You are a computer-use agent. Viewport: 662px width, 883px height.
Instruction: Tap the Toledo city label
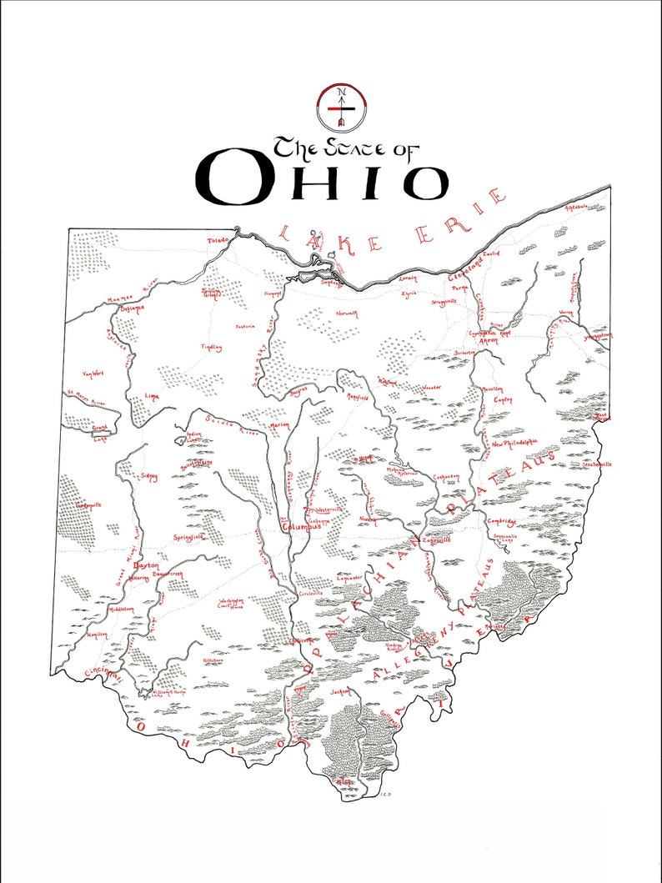tap(218, 241)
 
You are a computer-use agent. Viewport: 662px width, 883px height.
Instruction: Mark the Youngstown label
tap(597, 336)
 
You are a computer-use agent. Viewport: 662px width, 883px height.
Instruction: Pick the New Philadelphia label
tap(514, 444)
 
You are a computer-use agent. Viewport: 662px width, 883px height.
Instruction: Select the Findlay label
tap(211, 348)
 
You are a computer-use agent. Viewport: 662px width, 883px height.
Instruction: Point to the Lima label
tap(151, 397)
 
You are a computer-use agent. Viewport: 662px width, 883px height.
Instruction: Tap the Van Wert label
tap(92, 374)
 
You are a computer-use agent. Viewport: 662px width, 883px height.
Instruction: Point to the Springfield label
tap(188, 538)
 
